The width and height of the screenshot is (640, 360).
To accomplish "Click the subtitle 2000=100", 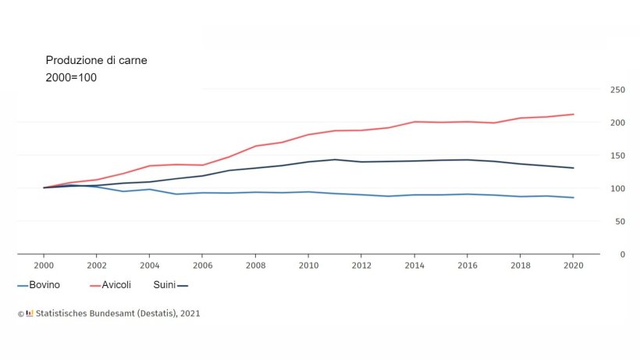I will [x=71, y=78].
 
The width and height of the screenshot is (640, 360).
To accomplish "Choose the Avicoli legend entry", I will [x=116, y=286].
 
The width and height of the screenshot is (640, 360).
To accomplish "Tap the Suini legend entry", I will [x=164, y=286].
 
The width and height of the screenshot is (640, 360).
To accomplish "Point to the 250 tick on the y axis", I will [x=617, y=90].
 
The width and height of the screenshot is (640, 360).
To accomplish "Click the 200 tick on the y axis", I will [x=617, y=123].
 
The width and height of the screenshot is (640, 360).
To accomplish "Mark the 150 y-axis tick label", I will [x=617, y=155].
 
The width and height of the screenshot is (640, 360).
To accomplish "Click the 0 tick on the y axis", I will [x=622, y=254].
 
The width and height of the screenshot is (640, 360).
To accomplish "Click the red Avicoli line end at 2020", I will [x=574, y=115].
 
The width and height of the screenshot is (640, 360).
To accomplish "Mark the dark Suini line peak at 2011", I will [x=335, y=159].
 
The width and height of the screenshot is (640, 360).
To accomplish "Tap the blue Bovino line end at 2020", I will [x=574, y=198].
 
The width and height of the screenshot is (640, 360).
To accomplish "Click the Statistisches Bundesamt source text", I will [x=117, y=313].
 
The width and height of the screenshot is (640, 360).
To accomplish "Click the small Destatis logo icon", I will [x=30, y=313].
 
